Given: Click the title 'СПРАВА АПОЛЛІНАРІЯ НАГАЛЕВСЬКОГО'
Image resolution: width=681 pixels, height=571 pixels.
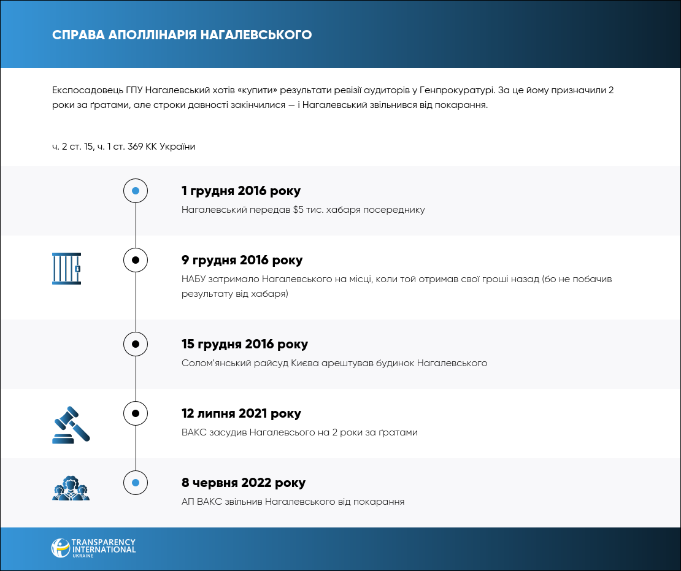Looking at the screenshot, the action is pos(182,35).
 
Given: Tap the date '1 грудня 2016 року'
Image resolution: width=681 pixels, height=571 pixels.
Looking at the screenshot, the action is pos(241,191).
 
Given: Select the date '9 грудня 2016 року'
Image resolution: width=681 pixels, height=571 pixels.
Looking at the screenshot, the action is pos(242,260).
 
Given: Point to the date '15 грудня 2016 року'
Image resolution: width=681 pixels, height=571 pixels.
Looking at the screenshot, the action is pos(245,344).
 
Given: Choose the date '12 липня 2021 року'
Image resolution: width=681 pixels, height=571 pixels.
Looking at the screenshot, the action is pos(241,413).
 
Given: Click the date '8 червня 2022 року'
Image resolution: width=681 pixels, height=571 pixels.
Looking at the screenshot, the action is pos(244,483).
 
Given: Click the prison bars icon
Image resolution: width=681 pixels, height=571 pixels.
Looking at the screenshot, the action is pos(66,269).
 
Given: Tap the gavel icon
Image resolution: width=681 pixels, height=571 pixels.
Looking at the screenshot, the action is pos(71,424).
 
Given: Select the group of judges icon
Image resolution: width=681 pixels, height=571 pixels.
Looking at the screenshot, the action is pos(71,488).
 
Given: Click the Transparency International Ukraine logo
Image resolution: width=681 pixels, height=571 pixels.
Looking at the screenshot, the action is pos(93,548).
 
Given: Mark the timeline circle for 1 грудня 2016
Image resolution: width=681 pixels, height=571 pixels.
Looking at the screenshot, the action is pos(136,191).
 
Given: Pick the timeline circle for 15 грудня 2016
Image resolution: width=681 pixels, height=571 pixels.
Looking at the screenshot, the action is pos(136,344).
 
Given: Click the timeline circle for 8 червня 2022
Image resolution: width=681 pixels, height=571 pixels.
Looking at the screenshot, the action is pos(136,483).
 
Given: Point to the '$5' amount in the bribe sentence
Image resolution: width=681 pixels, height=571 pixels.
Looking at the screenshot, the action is pos(298,210).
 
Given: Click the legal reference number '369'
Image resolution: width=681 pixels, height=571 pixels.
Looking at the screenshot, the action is pos(136,147).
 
